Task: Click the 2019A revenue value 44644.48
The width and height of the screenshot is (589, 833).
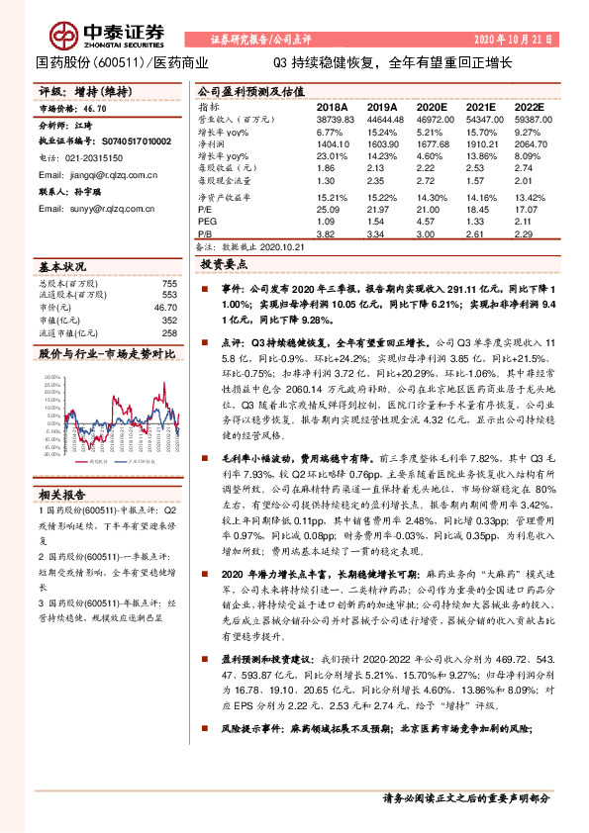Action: click(x=381, y=118)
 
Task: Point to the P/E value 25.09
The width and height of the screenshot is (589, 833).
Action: click(x=328, y=209)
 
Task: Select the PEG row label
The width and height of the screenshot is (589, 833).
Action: click(x=207, y=222)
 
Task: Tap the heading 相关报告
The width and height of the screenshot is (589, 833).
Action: click(x=62, y=493)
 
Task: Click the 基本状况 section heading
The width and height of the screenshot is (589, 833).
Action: click(x=62, y=267)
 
